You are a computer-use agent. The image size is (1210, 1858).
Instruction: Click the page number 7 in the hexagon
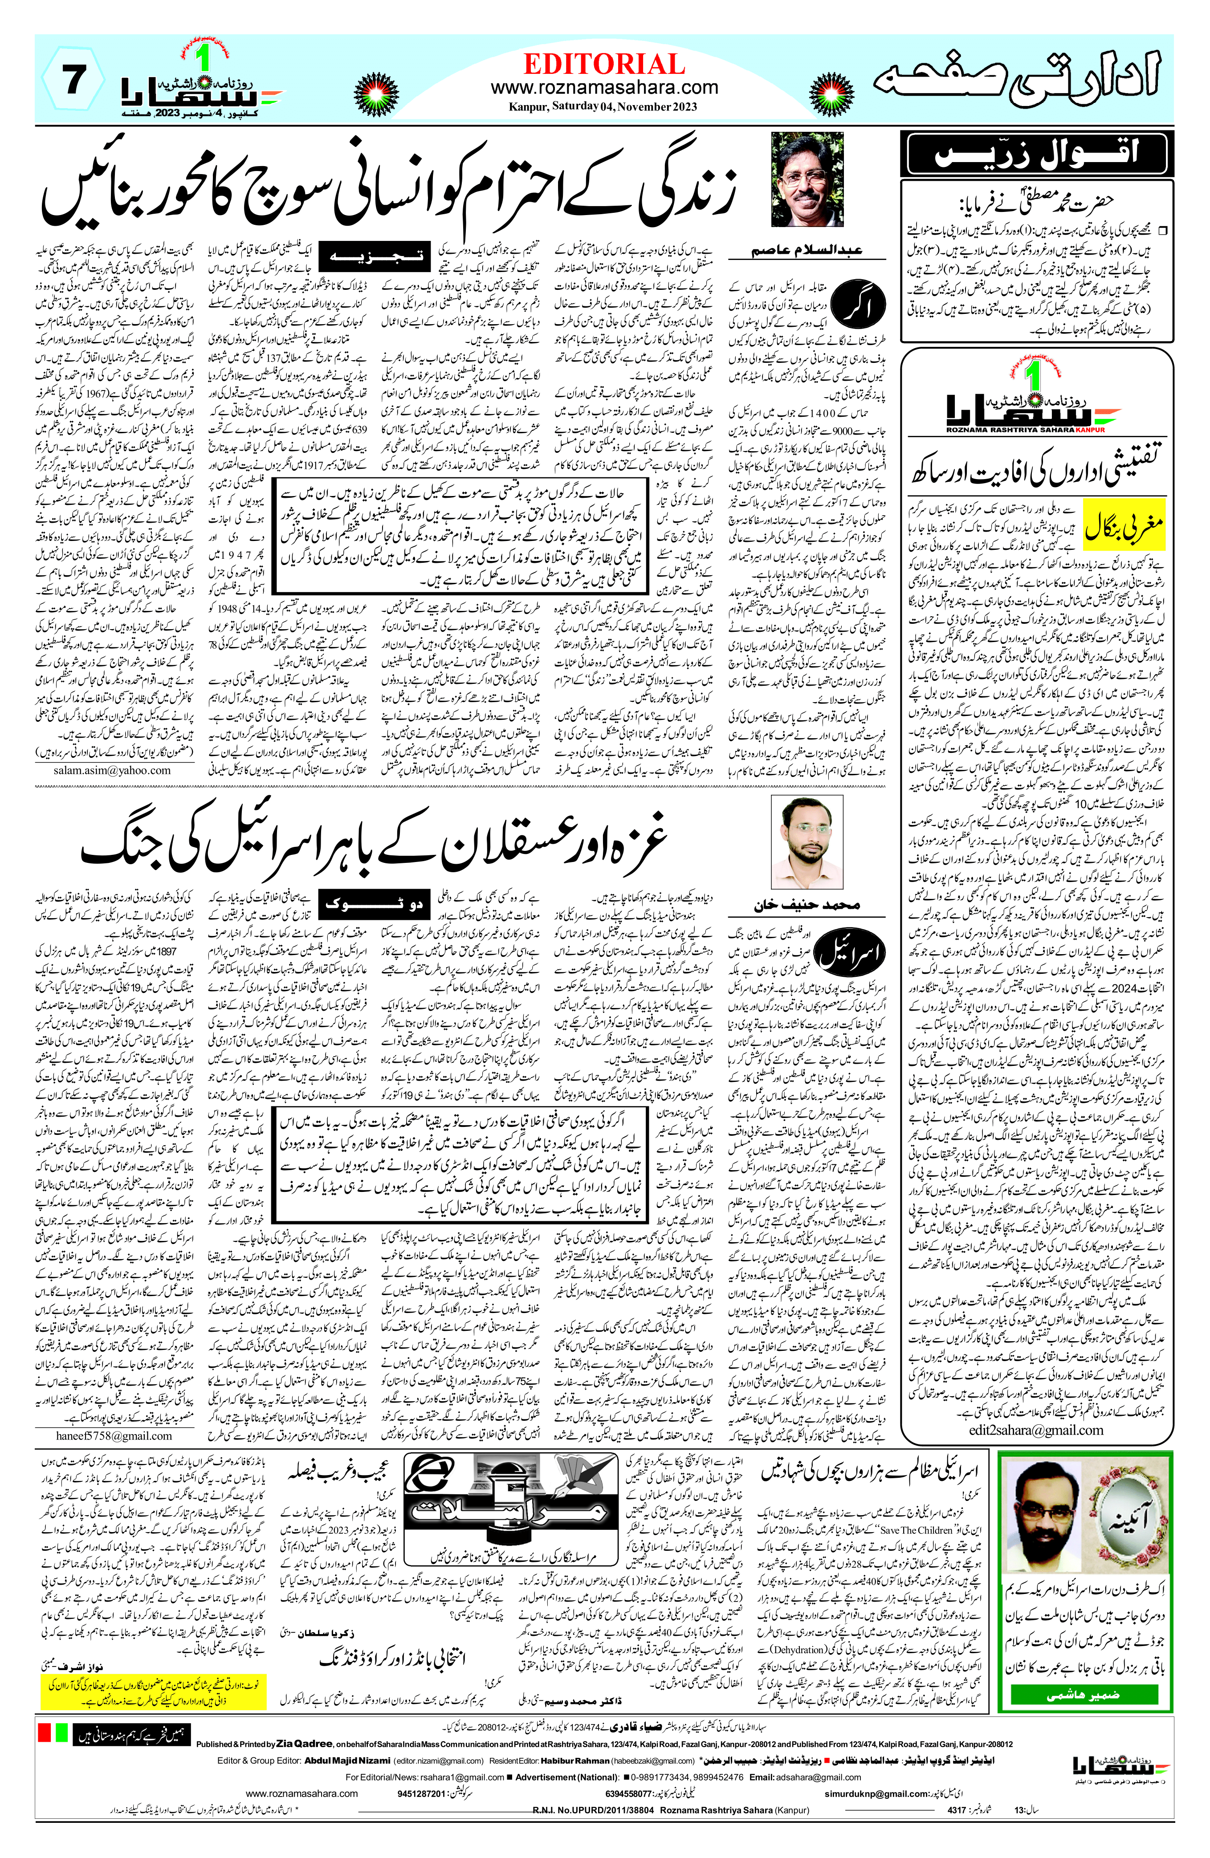pos(72,81)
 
